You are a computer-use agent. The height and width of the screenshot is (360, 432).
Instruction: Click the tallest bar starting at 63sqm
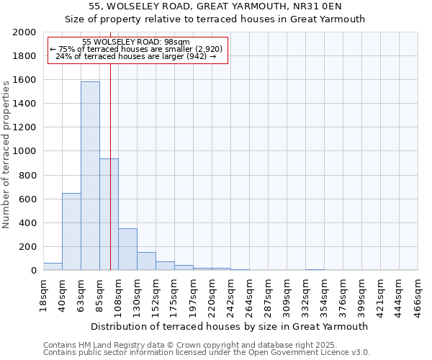point(90,176)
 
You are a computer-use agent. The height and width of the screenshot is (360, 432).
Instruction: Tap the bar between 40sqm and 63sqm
point(71,232)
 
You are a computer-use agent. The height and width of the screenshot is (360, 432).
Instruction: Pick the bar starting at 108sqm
point(127,249)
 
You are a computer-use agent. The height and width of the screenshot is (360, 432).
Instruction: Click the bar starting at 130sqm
point(146,261)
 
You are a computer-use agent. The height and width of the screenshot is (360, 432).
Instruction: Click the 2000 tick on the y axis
point(26,32)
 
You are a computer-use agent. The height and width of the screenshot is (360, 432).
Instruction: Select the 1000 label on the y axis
point(26,151)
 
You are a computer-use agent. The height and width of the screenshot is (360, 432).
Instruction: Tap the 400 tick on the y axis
point(29,223)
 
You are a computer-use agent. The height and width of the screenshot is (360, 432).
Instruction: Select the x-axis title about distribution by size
point(230,326)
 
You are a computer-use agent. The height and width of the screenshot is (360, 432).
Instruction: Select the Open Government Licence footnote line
point(207,352)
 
